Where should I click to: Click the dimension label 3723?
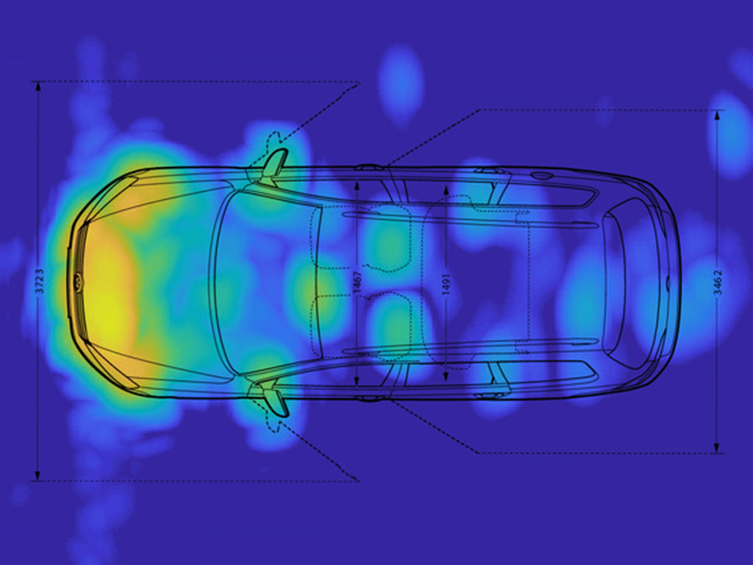40,282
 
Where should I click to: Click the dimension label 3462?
718,282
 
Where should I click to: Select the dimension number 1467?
357,282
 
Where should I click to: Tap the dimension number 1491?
446,285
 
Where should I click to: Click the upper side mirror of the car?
274,166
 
